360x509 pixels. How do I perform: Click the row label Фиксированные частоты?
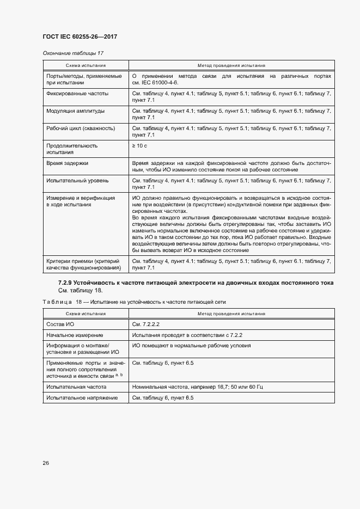coord(77,94)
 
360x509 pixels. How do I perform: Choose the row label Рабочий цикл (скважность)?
coord(81,128)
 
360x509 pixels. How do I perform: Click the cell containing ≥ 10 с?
coord(139,146)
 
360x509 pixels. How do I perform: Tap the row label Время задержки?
coord(68,163)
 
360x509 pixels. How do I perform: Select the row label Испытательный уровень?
coord(77,180)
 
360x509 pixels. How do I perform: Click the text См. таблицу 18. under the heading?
coord(80,291)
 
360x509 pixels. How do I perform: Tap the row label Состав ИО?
coord(60,324)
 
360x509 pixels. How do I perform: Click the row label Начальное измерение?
coord(75,335)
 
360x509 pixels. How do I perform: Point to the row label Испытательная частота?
coord(76,387)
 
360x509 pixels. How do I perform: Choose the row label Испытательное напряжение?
coord(82,398)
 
